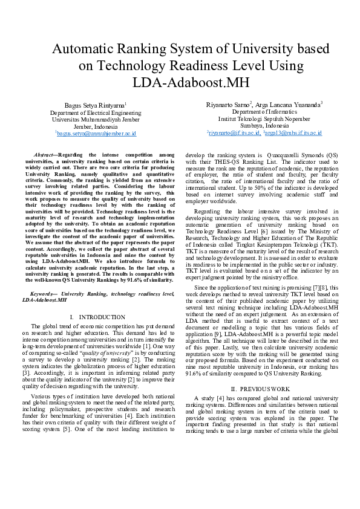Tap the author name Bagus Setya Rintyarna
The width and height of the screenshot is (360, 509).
click(x=95, y=105)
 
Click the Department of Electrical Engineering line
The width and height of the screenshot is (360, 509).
click(x=96, y=112)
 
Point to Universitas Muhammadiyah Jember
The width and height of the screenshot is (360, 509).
click(x=96, y=120)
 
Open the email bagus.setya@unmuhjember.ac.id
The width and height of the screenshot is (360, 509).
click(x=97, y=133)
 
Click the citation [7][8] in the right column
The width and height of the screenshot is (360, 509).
click(x=313, y=287)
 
